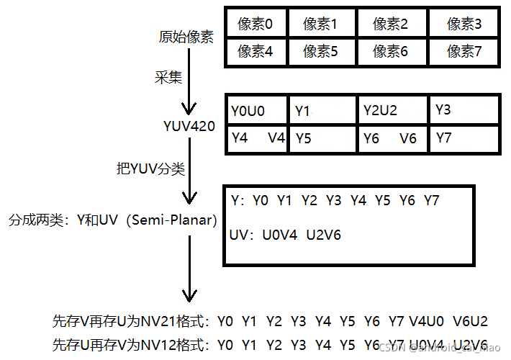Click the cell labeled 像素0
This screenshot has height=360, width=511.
click(256, 24)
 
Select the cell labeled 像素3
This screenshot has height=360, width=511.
click(464, 24)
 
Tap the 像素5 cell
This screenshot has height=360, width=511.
click(320, 51)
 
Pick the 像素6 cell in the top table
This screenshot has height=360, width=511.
click(391, 51)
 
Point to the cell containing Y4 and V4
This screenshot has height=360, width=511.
click(256, 138)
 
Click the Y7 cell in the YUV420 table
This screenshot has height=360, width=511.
click(444, 138)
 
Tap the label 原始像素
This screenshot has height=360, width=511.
click(186, 37)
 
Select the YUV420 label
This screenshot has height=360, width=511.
click(189, 127)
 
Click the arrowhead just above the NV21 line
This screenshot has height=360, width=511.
click(189, 294)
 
